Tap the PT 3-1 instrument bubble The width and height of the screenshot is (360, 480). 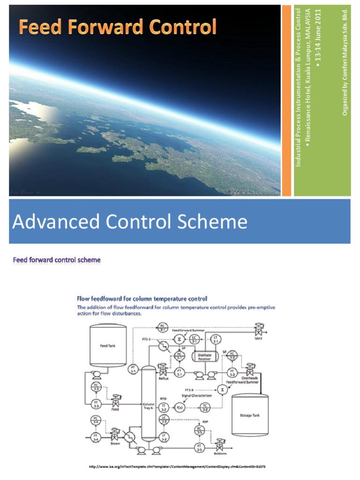point(133,369)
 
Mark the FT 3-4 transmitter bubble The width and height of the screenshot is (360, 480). point(95,438)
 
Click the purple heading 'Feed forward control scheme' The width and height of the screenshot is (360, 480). point(57,259)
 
